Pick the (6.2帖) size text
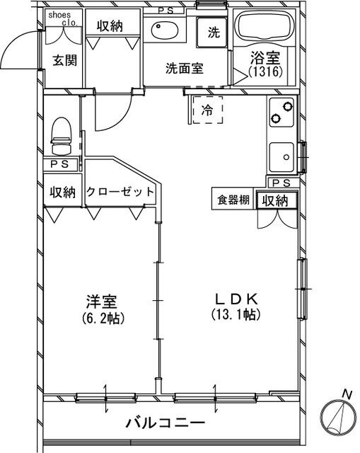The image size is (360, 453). pos(103,318)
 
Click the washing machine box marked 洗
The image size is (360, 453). pos(213,31)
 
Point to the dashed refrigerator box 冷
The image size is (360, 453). pos(207,110)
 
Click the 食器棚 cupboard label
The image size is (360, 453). pos(233,200)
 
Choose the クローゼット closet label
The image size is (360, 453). pos(120,192)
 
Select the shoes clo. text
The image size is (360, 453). pos(62,18)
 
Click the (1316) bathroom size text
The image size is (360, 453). pos(266,71)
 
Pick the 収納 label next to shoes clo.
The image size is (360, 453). pos(110,26)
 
